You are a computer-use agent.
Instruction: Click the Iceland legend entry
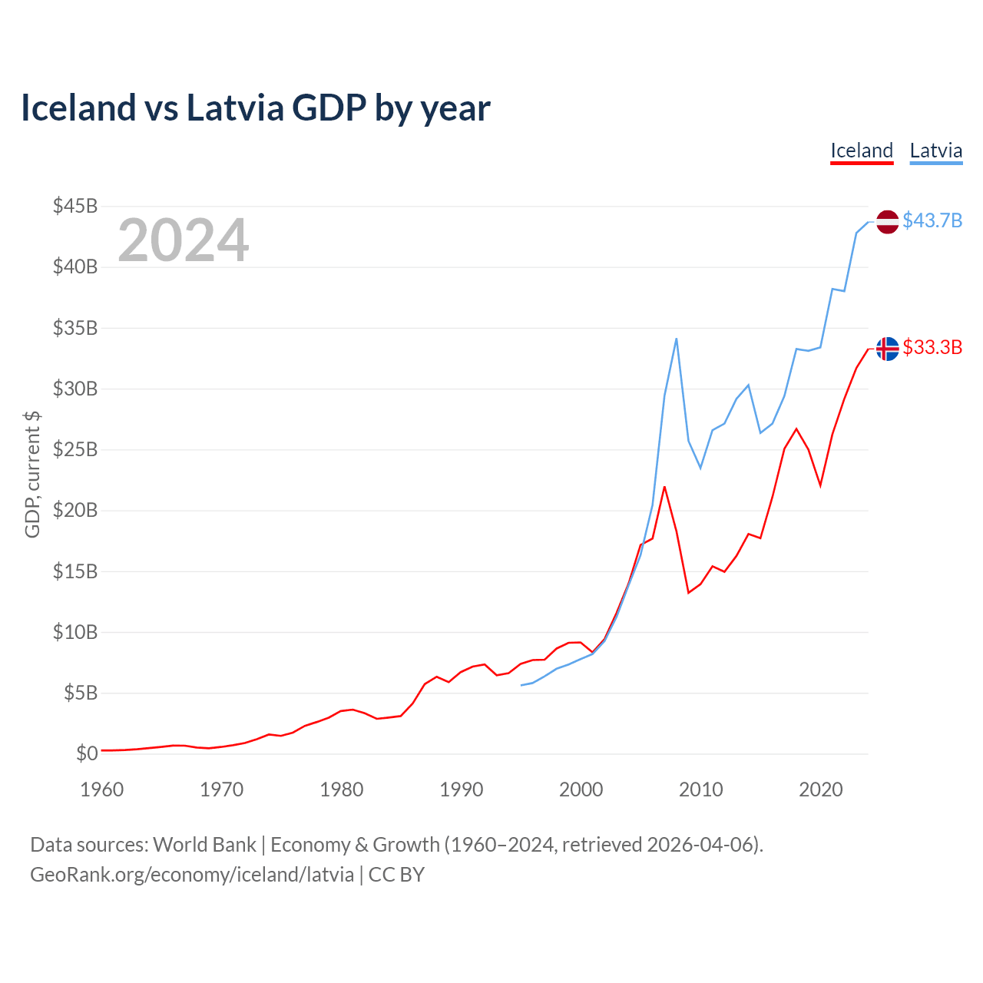pyautogui.click(x=862, y=151)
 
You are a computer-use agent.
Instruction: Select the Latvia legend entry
pyautogui.click(x=935, y=151)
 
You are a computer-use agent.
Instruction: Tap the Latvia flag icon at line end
pyautogui.click(x=887, y=222)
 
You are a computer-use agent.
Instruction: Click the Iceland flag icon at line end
pyautogui.click(x=887, y=349)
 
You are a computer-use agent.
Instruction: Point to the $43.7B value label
pyautogui.click(x=932, y=221)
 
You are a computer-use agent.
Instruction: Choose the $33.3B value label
pyautogui.click(x=932, y=348)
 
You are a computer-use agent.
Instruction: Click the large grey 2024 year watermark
pyautogui.click(x=184, y=240)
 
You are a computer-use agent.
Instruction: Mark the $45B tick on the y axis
pyautogui.click(x=75, y=206)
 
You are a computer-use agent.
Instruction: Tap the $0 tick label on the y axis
pyautogui.click(x=87, y=753)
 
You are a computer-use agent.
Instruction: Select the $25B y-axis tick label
pyautogui.click(x=75, y=449)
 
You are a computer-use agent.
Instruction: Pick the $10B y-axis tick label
pyautogui.click(x=75, y=632)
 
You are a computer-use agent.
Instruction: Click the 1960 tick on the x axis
pyautogui.click(x=102, y=789)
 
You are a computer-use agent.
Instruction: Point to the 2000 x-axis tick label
pyautogui.click(x=581, y=789)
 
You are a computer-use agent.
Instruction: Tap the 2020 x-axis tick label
pyautogui.click(x=820, y=789)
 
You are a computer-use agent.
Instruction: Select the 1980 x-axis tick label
pyautogui.click(x=342, y=789)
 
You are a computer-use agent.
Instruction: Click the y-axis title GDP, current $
pyautogui.click(x=32, y=474)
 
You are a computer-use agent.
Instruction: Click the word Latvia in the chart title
pyautogui.click(x=235, y=108)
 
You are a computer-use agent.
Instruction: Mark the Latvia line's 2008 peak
pyautogui.click(x=677, y=338)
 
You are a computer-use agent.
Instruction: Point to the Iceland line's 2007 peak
pyautogui.click(x=664, y=487)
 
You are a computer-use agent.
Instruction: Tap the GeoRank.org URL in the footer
pyautogui.click(x=192, y=875)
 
